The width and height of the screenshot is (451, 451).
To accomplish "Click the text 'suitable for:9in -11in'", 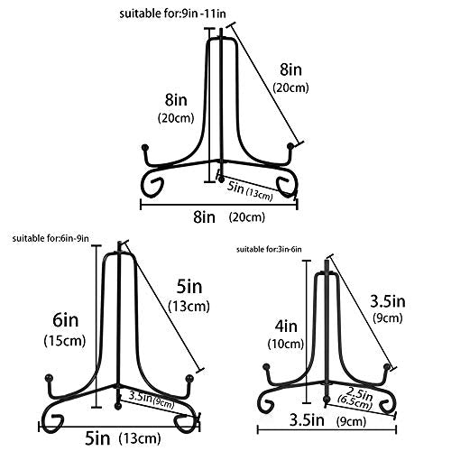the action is pos(172,14).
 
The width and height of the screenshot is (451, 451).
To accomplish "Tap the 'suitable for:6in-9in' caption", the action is pos(51,238).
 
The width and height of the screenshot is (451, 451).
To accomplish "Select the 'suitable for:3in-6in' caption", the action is pos(269,249).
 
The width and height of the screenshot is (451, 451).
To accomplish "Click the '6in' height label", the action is pos(66,320).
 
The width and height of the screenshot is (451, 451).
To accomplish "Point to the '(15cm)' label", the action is pos(65,341).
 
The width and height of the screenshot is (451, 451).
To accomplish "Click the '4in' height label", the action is pos(286,327).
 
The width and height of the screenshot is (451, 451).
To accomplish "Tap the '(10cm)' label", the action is pos(286,344).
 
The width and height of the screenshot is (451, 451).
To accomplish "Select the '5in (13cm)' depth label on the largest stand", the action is pos(250,190).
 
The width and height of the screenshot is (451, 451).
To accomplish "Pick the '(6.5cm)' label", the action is pos(354,402).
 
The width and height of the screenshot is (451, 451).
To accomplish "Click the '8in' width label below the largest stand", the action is pos(205,216).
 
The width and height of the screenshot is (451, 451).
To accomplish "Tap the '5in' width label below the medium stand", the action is pos(97,438).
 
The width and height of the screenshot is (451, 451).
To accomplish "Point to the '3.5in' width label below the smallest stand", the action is pos(307,419).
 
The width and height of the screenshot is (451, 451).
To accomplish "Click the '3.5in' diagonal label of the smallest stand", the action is pos(388,301).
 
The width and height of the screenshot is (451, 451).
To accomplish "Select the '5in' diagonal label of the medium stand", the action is pos(189,287).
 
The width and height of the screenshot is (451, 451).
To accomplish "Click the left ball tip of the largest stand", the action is pos(145,148).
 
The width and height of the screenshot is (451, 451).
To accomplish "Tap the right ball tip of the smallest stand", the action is pos(387,367).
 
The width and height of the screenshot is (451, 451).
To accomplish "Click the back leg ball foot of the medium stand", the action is pos(118,407).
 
